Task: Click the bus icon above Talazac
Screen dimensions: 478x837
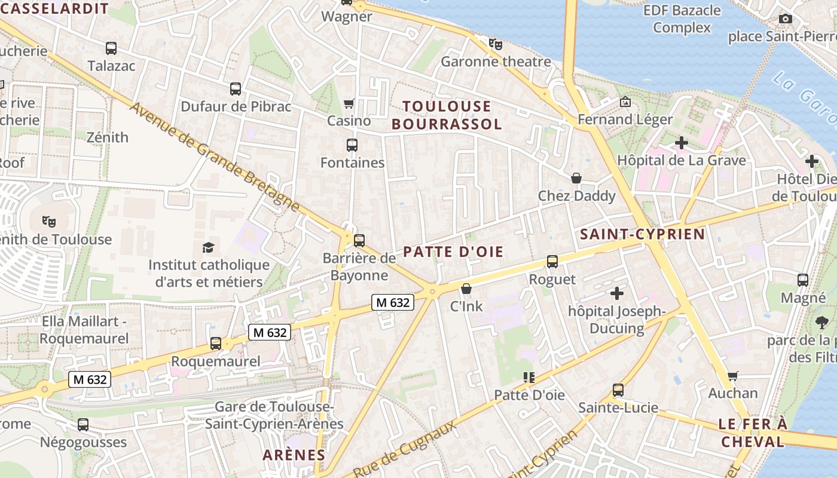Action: [x=111, y=48]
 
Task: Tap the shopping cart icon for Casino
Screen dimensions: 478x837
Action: [x=349, y=104]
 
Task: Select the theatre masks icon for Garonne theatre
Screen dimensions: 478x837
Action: [x=496, y=44]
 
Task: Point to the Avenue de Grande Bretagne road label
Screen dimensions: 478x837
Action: [x=214, y=157]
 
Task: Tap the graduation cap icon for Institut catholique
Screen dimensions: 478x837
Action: [x=208, y=247]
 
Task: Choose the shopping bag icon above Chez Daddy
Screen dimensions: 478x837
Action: [x=576, y=178]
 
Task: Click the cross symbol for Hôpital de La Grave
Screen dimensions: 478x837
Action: [x=681, y=143]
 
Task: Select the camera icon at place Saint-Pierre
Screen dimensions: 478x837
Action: [x=786, y=19]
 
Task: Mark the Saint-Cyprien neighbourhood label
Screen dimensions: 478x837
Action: [x=643, y=234]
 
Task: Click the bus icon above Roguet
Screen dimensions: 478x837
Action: [x=552, y=262]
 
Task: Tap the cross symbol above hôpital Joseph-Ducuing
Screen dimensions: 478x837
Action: [x=616, y=293]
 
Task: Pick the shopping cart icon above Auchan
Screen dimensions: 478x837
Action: [x=732, y=376]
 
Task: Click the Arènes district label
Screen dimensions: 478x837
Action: [x=294, y=455]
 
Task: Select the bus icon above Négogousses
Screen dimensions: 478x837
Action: [x=83, y=425]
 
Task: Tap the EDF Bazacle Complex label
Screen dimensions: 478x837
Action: [x=682, y=19]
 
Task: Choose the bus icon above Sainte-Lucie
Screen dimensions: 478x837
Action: [x=618, y=390]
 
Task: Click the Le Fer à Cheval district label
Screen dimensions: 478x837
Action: [x=753, y=433]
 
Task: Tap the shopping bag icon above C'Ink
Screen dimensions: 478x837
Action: [x=466, y=289]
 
